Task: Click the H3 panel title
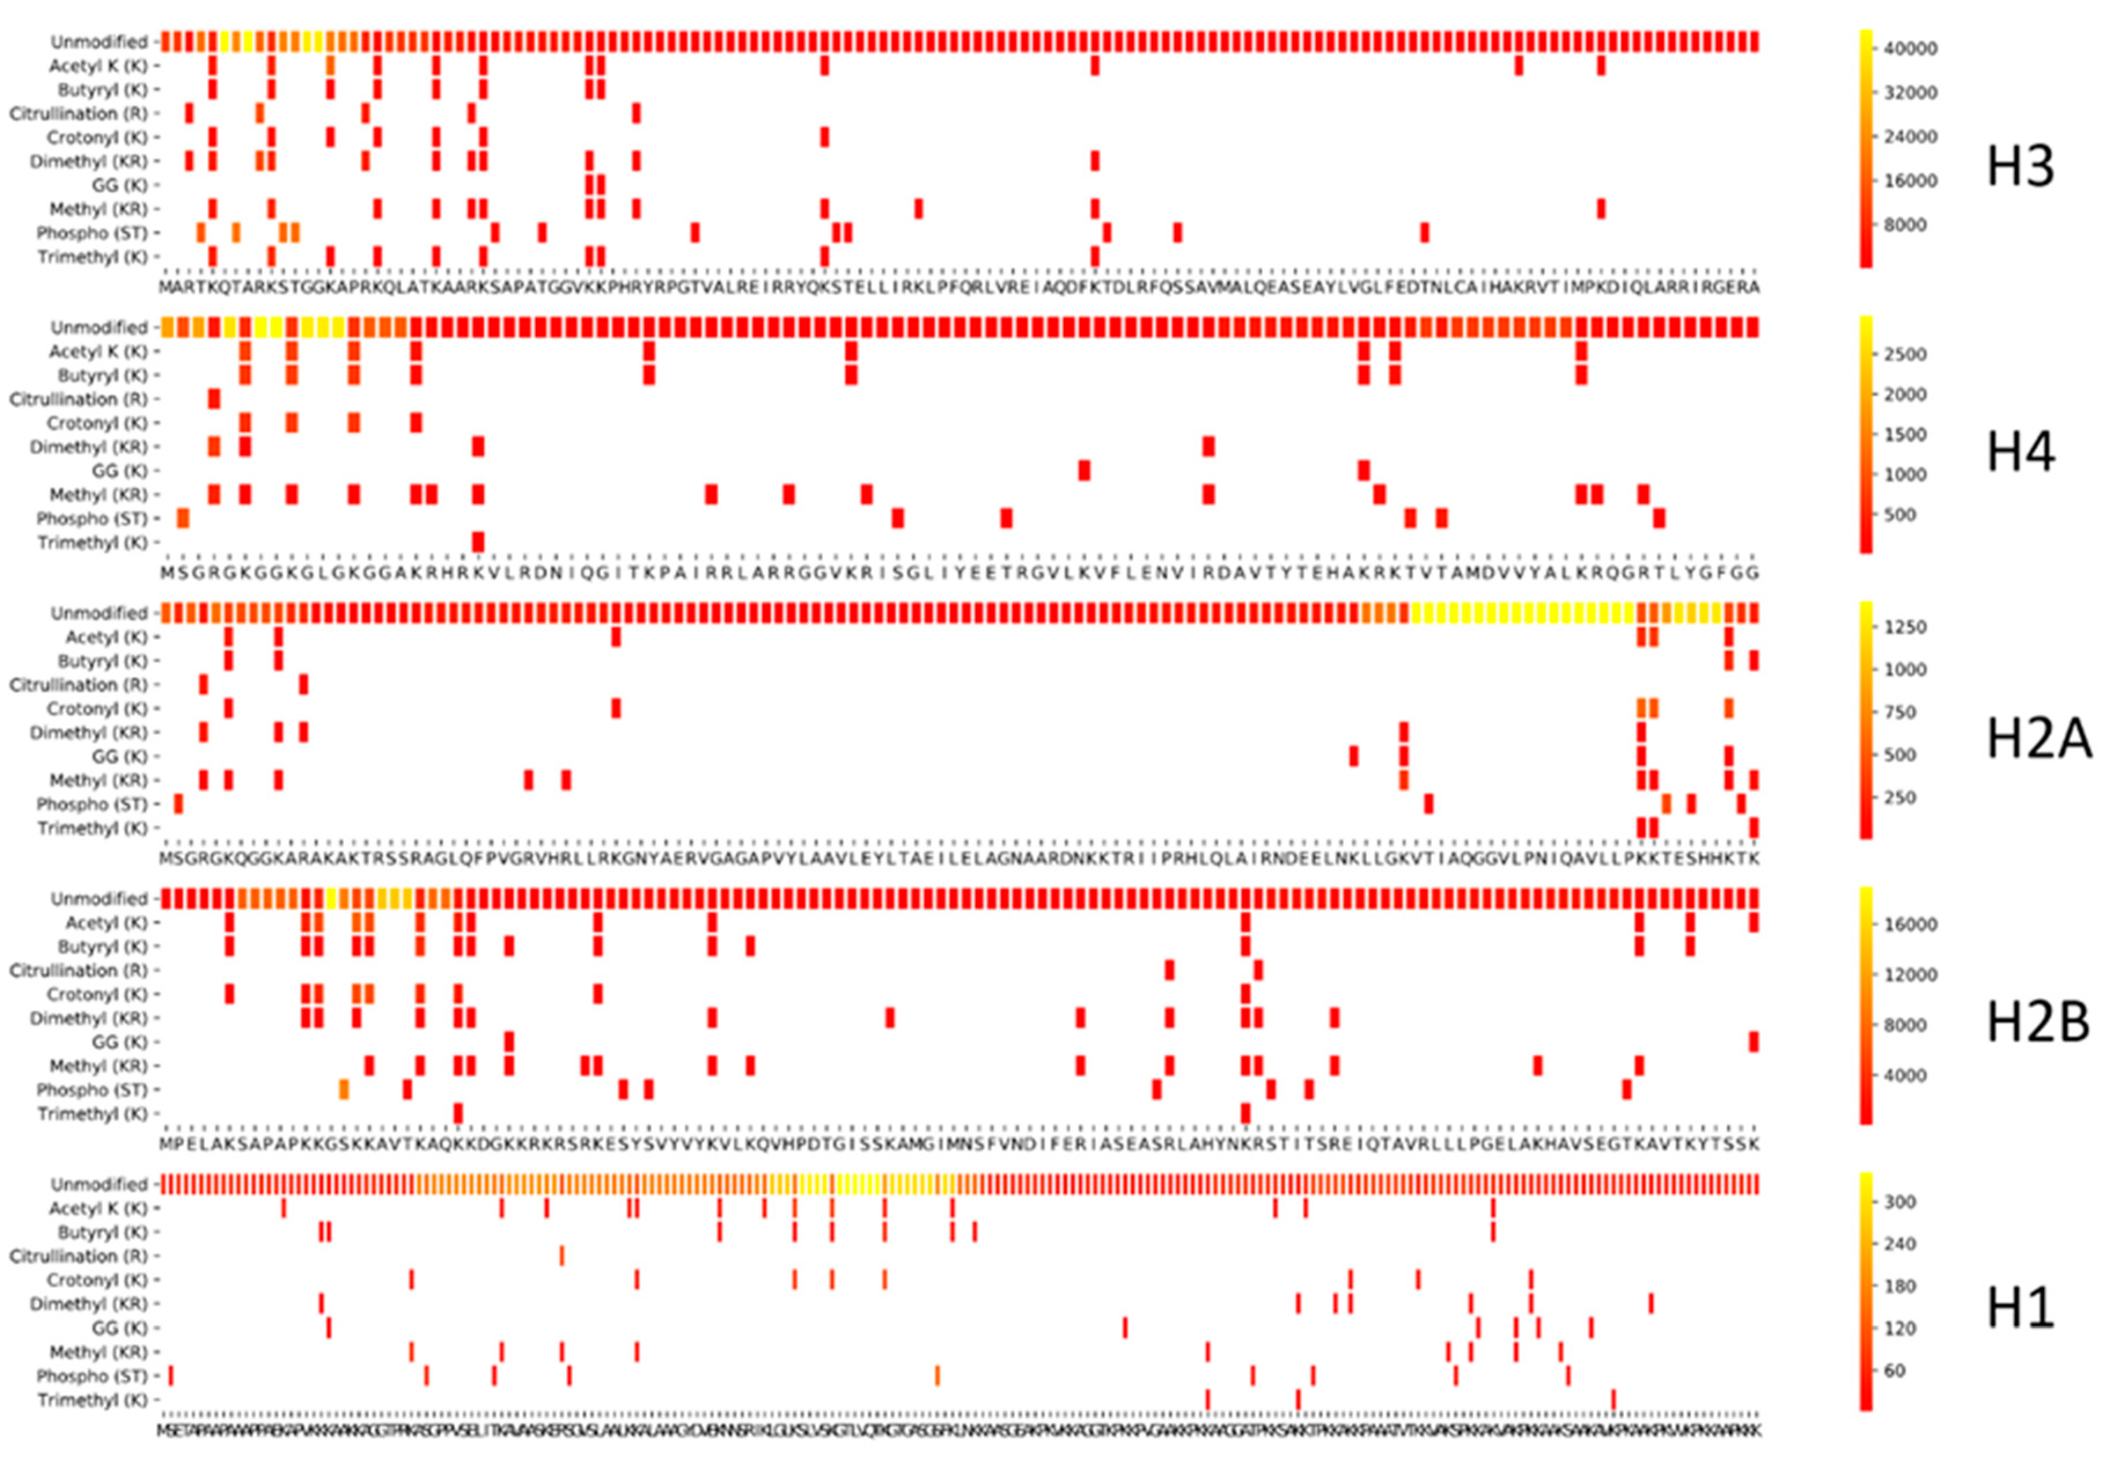2019,167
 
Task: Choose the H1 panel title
2019,1308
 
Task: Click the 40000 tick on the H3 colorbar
1910,49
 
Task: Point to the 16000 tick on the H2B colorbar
1910,925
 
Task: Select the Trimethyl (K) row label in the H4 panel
92,543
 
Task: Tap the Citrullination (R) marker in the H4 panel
214,399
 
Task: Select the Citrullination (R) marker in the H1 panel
561,1256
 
